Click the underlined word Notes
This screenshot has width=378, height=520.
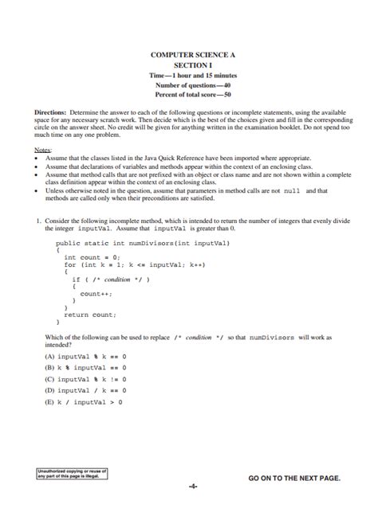(x=43, y=150)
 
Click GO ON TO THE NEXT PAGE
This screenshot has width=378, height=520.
(x=294, y=478)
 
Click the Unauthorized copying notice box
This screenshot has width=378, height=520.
(x=72, y=474)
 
